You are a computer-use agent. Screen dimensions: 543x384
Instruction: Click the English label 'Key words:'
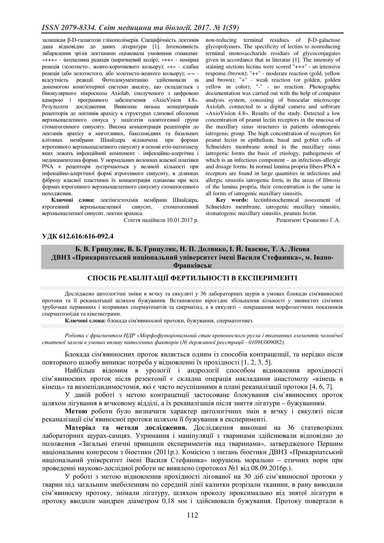point(233,200)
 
